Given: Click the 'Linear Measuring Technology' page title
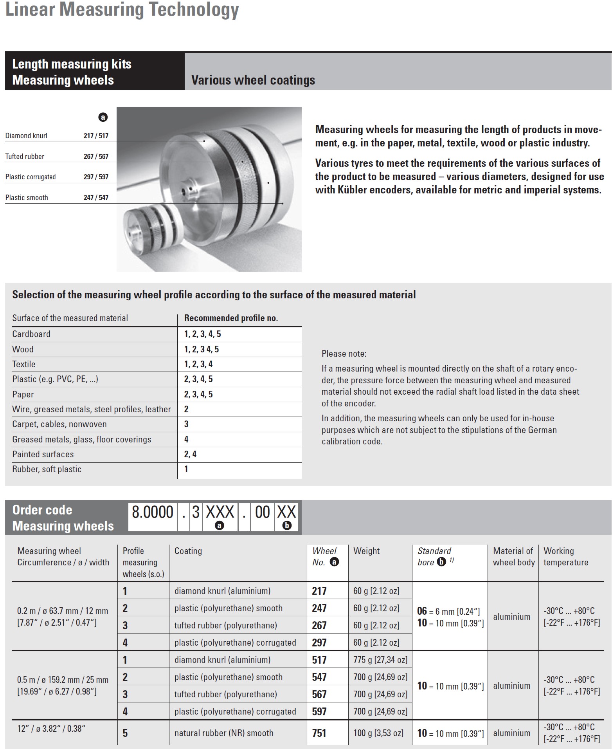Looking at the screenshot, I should point(122,10).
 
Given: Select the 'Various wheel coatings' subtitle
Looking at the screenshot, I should point(253,80).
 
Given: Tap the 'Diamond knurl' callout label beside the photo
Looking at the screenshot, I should point(26,136).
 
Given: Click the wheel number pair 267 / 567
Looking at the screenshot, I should point(96,157).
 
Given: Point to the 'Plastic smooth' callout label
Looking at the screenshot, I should point(27,198).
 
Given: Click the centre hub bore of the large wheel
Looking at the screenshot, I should point(184,191).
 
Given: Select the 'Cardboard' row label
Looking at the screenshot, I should point(31,334).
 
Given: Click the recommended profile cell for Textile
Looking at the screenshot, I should point(198,364).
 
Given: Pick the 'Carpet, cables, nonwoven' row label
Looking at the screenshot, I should point(59,424).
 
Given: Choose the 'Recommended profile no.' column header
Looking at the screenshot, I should point(231,318).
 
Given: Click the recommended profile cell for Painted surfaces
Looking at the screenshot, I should point(191,454).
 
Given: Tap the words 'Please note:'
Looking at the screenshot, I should point(344,354).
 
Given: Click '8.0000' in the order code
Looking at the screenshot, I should point(152,512).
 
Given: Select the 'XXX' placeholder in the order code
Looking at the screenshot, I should point(220,512).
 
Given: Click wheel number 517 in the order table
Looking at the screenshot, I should point(319,660).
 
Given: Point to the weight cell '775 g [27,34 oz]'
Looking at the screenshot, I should point(380,660).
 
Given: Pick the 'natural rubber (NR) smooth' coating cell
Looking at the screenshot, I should point(224,733).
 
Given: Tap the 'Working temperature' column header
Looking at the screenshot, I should point(566,556).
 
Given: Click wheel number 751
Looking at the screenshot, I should point(319,733).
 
